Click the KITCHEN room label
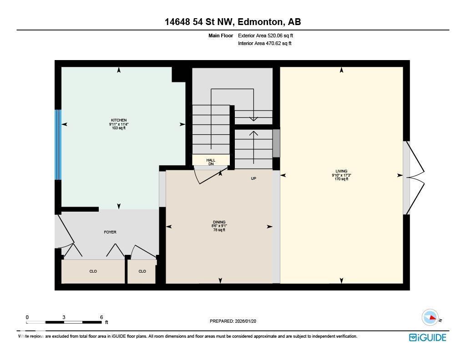(x=119, y=120)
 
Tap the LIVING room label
(x=341, y=171)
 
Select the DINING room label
(x=218, y=222)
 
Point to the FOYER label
(x=110, y=232)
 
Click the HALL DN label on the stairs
(x=211, y=162)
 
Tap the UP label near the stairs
(x=253, y=178)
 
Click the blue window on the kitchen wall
(x=58, y=145)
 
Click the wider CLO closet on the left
(x=93, y=271)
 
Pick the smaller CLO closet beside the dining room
(x=142, y=271)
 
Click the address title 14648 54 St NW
(x=233, y=22)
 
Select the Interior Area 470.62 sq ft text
(x=264, y=44)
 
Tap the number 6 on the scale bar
(x=101, y=317)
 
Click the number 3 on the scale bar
(x=64, y=317)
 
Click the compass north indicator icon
(x=430, y=318)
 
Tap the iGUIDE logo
(x=427, y=337)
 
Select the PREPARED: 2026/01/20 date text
(x=236, y=321)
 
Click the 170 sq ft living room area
(x=341, y=179)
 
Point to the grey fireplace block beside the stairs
(x=276, y=143)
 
